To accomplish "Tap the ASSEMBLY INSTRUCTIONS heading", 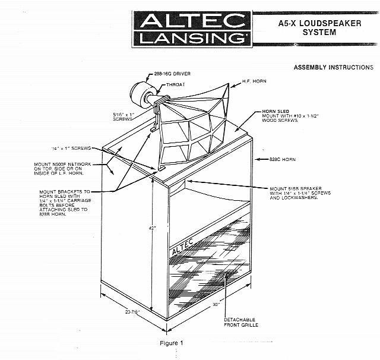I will click(x=333, y=68).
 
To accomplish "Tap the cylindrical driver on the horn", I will click(x=140, y=94).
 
